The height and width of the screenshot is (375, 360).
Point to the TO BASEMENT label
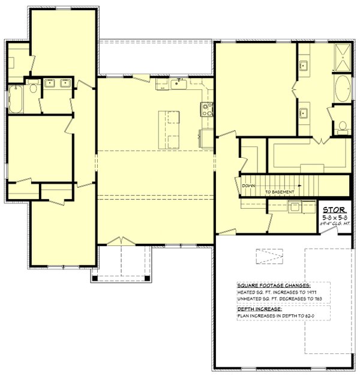(280, 192)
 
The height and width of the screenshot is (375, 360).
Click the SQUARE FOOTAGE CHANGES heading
(273, 285)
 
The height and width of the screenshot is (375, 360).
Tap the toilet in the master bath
(342, 126)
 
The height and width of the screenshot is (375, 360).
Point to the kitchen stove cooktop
(206, 109)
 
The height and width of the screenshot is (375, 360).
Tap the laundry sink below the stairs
(295, 207)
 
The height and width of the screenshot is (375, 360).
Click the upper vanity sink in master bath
(304, 65)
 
